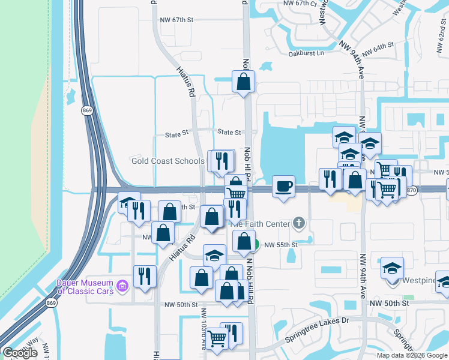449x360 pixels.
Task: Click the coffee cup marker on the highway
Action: (x=283, y=185)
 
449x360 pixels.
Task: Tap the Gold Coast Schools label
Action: (x=168, y=161)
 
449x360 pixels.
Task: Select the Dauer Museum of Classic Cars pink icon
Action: (x=123, y=284)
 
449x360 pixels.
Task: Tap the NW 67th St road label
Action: (x=176, y=20)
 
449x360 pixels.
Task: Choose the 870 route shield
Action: (x=411, y=190)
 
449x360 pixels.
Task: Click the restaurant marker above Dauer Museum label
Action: (x=145, y=276)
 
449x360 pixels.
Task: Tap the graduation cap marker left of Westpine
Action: (x=392, y=267)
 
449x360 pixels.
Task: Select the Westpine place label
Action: (x=422, y=280)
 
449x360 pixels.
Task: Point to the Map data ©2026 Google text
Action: (x=412, y=355)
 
